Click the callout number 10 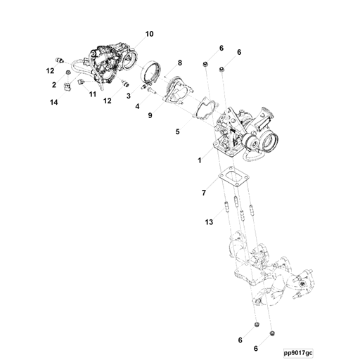pyautogui.click(x=149, y=34)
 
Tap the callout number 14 pyautogui.click(x=53, y=103)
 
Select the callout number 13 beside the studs pyautogui.click(x=209, y=222)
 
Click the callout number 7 pyautogui.click(x=204, y=193)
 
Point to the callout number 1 pyautogui.click(x=200, y=160)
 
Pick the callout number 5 pyautogui.click(x=177, y=131)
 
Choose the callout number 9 pyautogui.click(x=150, y=115)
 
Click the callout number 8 pyautogui.click(x=180, y=63)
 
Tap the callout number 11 pyautogui.click(x=93, y=94)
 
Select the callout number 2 pyautogui.click(x=54, y=85)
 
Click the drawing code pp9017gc pyautogui.click(x=298, y=353)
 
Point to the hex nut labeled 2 pyautogui.click(x=67, y=72)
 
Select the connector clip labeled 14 pyautogui.click(x=67, y=86)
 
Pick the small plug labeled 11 pyautogui.click(x=81, y=82)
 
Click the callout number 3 pyautogui.click(x=129, y=96)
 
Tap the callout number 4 pyautogui.click(x=137, y=106)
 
